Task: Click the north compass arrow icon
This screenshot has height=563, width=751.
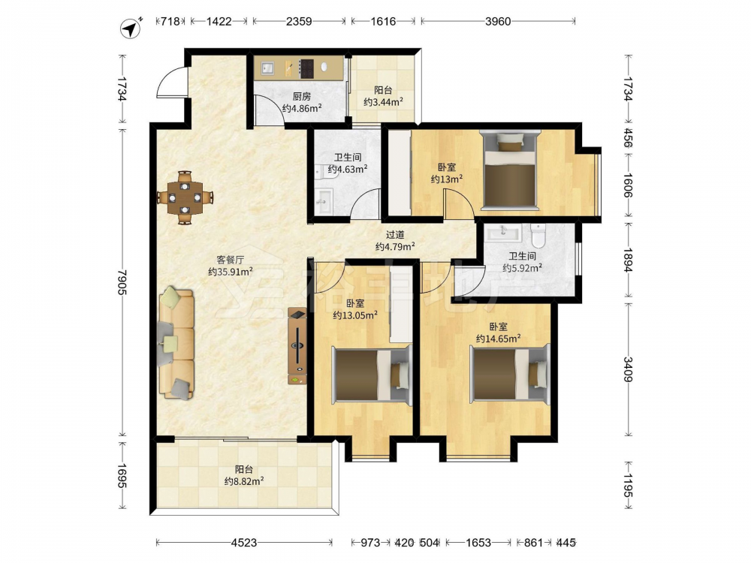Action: pyautogui.click(x=130, y=29)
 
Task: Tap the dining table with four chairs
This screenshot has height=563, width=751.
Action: pyautogui.click(x=185, y=197)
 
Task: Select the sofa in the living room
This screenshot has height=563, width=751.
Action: pyautogui.click(x=176, y=343)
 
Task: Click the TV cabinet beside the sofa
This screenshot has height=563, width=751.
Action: pyautogui.click(x=297, y=345)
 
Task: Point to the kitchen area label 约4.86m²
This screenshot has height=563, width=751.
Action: pyautogui.click(x=302, y=108)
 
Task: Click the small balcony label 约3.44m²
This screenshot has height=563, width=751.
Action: pyautogui.click(x=383, y=102)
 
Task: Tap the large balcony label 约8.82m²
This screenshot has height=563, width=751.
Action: pyautogui.click(x=244, y=481)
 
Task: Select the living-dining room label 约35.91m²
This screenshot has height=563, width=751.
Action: pyautogui.click(x=231, y=272)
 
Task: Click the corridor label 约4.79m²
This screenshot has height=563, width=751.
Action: pyautogui.click(x=395, y=246)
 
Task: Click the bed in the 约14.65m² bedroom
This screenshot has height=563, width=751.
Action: pyautogui.click(x=510, y=374)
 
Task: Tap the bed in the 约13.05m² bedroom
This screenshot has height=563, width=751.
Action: pyautogui.click(x=372, y=375)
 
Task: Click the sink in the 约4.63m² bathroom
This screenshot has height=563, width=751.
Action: pyautogui.click(x=324, y=201)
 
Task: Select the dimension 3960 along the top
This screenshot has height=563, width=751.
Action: pyautogui.click(x=498, y=21)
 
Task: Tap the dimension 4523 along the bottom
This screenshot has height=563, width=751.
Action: pyautogui.click(x=244, y=543)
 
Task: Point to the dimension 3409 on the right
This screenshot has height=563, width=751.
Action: pyautogui.click(x=628, y=369)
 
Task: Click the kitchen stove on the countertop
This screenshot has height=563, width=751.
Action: pyautogui.click(x=306, y=68)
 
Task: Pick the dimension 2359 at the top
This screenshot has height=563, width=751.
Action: pyautogui.click(x=299, y=21)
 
